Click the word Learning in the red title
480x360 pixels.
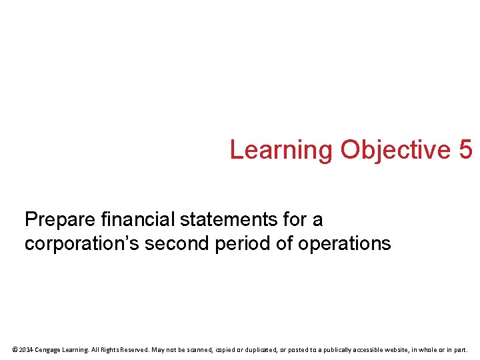281,150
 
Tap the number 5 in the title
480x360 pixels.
465,150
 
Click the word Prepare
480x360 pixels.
59,219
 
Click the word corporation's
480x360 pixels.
82,244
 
